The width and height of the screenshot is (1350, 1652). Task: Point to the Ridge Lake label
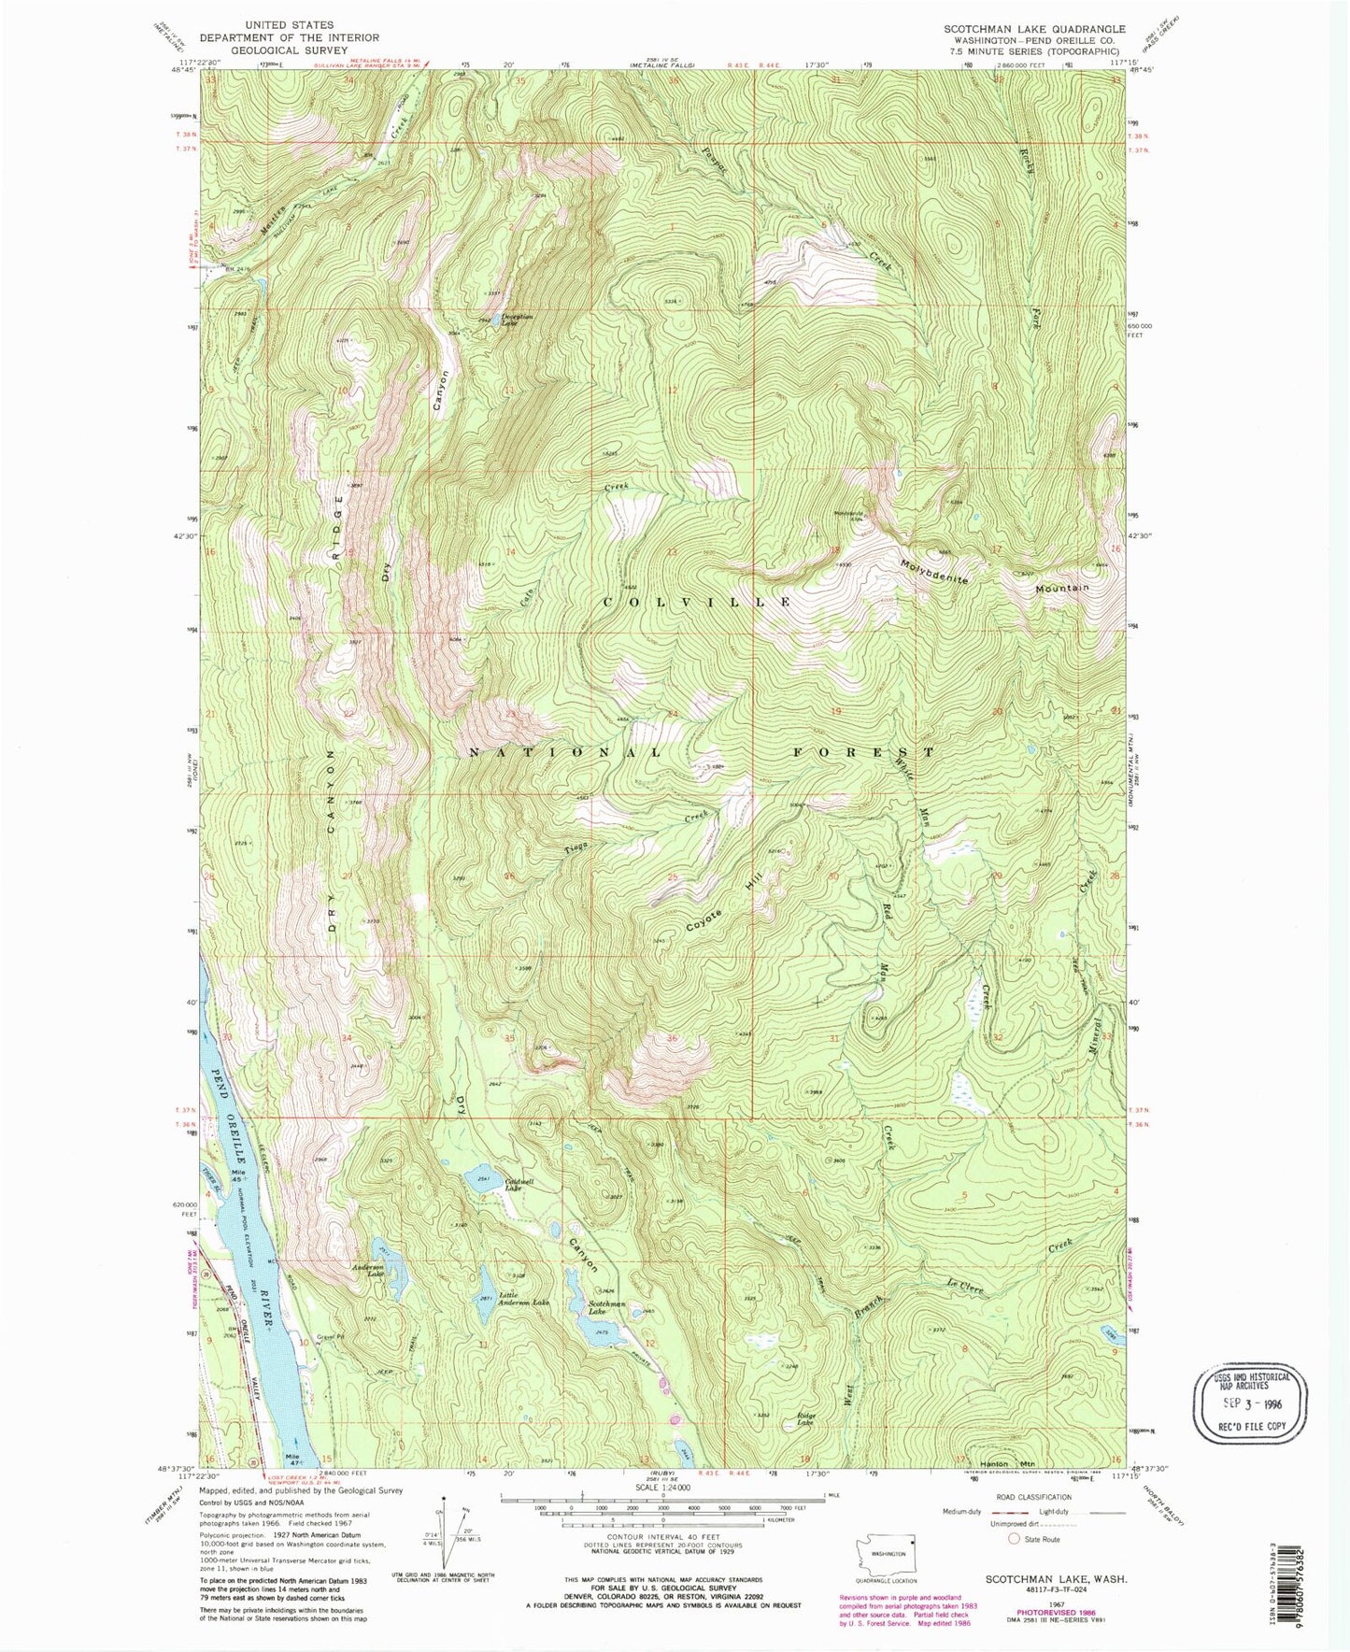click(x=806, y=1418)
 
